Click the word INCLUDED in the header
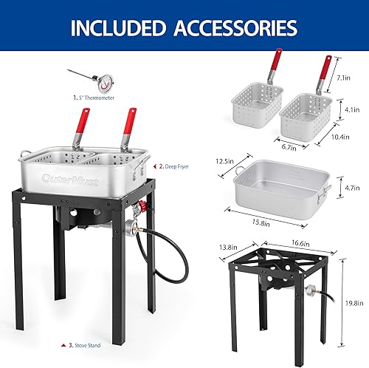119,28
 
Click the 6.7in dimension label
289,146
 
